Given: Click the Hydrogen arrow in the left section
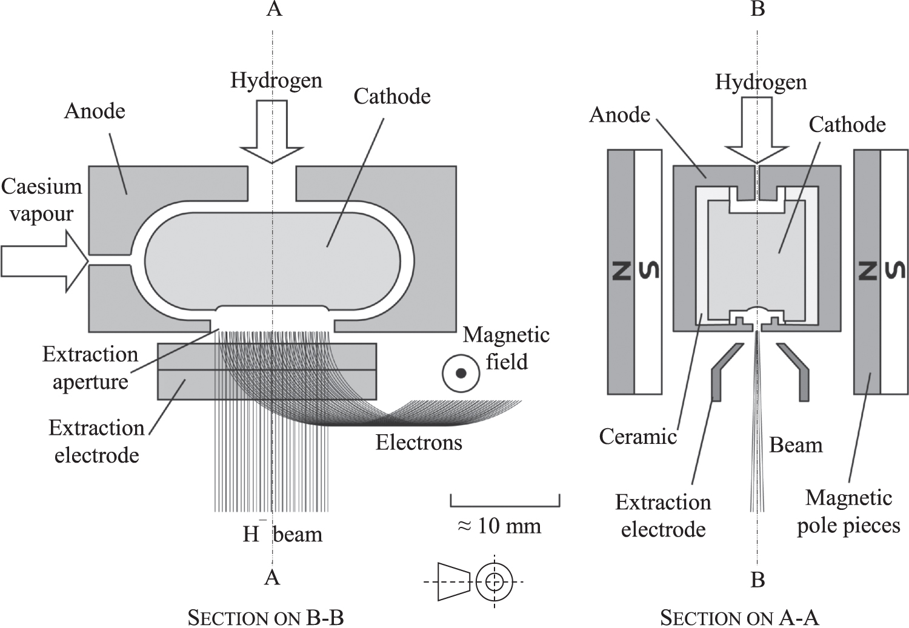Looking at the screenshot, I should pyautogui.click(x=271, y=133).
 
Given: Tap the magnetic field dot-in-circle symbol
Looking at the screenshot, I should pyautogui.click(x=461, y=374).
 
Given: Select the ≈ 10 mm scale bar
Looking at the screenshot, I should pyautogui.click(x=505, y=502).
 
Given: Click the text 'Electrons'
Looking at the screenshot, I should pyautogui.click(x=418, y=443).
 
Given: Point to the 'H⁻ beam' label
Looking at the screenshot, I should pyautogui.click(x=282, y=534).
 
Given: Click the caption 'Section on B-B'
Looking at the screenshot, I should pyautogui.click(x=265, y=618).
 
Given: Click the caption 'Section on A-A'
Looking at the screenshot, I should pyautogui.click(x=739, y=618).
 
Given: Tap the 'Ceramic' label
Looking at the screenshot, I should pyautogui.click(x=638, y=436).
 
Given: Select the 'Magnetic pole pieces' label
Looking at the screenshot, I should pyautogui.click(x=848, y=512).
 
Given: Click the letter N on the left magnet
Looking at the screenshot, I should pyautogui.click(x=621, y=271).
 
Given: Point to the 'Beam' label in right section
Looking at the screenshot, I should pyautogui.click(x=796, y=445).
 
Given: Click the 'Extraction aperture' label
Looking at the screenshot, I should pyautogui.click(x=90, y=368).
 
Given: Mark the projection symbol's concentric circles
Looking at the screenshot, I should pyautogui.click(x=494, y=581).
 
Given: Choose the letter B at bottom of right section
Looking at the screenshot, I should pyautogui.click(x=757, y=580).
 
